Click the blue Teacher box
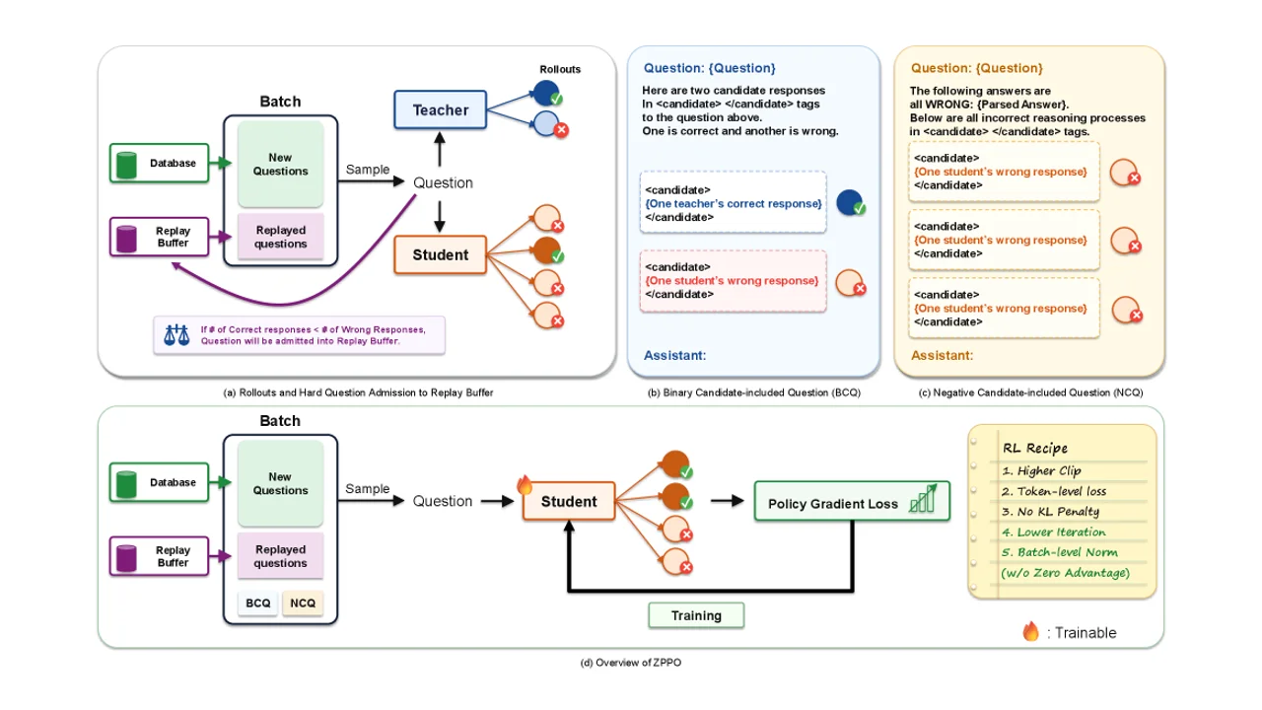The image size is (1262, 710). (x=440, y=109)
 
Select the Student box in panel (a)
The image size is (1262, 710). (x=440, y=254)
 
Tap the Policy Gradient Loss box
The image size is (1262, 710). (x=852, y=501)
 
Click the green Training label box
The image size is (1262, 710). (x=696, y=615)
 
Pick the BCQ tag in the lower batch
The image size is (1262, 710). (x=258, y=603)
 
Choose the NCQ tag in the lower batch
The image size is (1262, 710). (x=303, y=603)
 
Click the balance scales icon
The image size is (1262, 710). (x=176, y=334)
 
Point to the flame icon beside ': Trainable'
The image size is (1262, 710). (x=1030, y=631)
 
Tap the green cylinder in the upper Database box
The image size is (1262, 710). (x=127, y=165)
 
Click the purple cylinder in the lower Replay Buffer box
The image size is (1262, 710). (x=127, y=558)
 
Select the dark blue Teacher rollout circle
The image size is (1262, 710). (x=545, y=93)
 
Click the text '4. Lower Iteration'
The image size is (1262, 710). (x=1054, y=532)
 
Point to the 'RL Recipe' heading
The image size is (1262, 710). (x=1035, y=448)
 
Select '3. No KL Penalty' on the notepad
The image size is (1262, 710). (x=1050, y=512)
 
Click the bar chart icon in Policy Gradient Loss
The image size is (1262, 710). (x=923, y=499)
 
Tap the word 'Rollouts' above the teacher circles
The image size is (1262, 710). (x=560, y=69)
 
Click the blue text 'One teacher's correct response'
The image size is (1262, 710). (x=734, y=203)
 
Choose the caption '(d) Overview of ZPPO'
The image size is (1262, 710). (x=630, y=663)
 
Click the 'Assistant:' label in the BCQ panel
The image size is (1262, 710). (x=675, y=356)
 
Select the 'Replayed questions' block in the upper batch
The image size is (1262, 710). (x=281, y=237)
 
